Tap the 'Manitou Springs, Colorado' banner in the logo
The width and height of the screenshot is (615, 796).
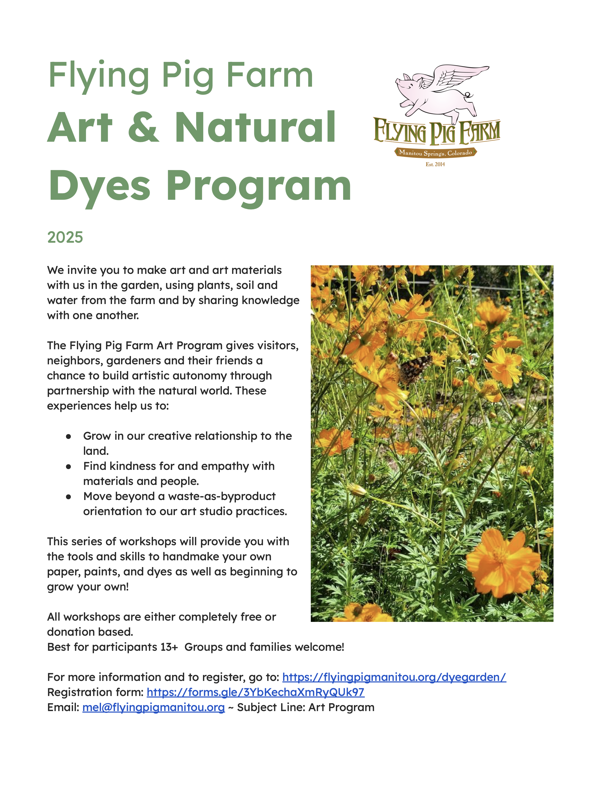tap(435, 153)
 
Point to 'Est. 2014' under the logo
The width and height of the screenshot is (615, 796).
tap(435, 164)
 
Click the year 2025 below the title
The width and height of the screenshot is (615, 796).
tap(65, 237)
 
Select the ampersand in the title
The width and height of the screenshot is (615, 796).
tap(143, 128)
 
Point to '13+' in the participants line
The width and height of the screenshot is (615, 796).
tap(169, 647)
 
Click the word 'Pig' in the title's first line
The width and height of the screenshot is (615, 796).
tap(188, 76)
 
